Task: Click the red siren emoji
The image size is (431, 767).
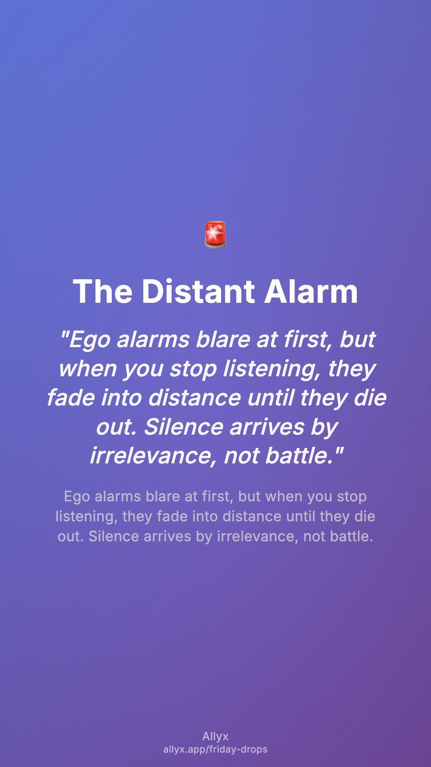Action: pyautogui.click(x=215, y=234)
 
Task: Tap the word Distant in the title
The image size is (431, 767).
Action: pyautogui.click(x=198, y=291)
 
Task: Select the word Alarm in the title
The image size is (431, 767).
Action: pyautogui.click(x=311, y=291)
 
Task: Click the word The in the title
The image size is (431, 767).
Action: pyautogui.click(x=103, y=291)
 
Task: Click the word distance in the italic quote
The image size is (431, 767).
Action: pyautogui.click(x=194, y=398)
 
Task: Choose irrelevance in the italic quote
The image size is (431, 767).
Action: pyautogui.click(x=153, y=456)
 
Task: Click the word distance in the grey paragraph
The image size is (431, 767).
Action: pyautogui.click(x=253, y=517)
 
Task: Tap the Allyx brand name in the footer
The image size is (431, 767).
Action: pyautogui.click(x=215, y=737)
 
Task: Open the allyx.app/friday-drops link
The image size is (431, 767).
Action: pyautogui.click(x=215, y=749)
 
